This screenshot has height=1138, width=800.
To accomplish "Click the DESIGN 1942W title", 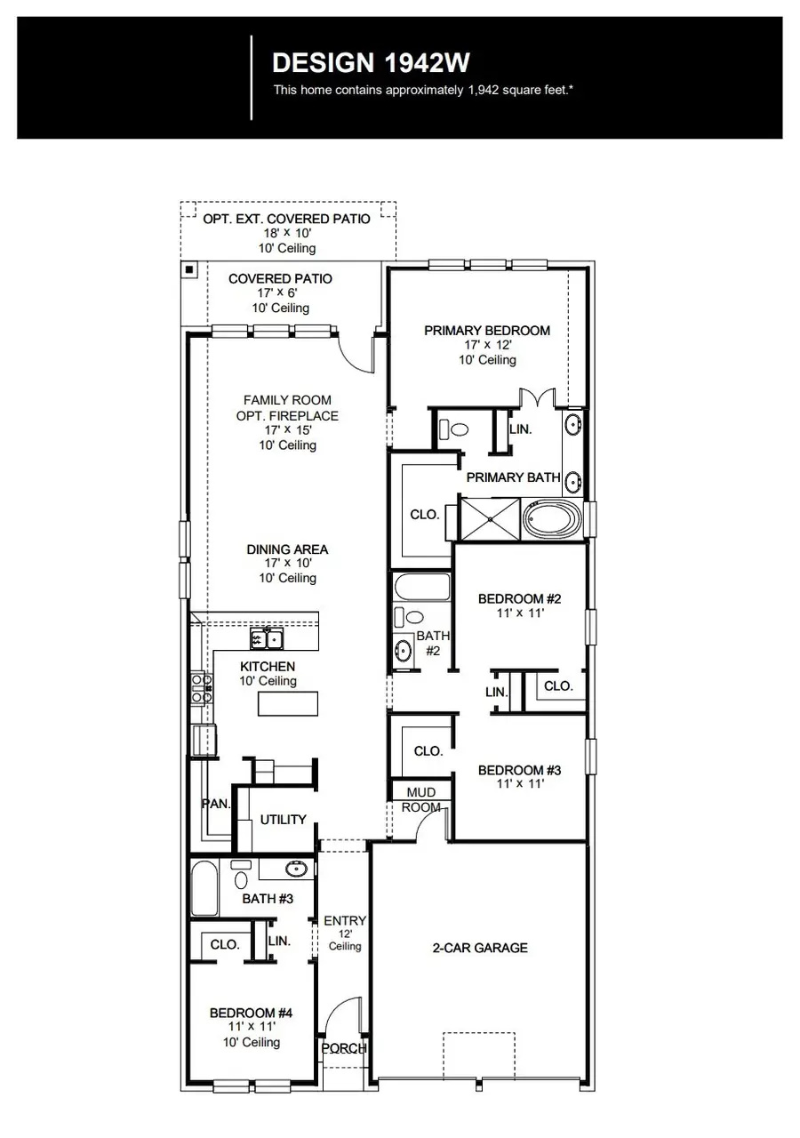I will [x=371, y=63].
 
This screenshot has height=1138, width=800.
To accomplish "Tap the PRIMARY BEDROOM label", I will [x=486, y=331].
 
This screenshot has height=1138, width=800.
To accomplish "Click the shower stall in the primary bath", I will [x=489, y=517].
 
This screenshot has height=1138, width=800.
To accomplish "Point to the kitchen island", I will [x=288, y=704].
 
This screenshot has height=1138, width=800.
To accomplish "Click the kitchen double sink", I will [x=266, y=638].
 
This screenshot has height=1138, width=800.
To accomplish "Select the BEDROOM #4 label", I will [x=250, y=1013].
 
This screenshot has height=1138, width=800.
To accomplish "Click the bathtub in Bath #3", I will [x=204, y=888].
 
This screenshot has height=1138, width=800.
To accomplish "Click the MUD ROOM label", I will [x=420, y=799].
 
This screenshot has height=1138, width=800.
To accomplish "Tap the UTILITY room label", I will [x=283, y=820].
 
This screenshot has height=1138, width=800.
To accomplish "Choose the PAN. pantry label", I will [x=216, y=804].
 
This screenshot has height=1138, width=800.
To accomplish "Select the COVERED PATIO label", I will [x=280, y=279].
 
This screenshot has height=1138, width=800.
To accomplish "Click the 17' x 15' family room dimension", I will [x=287, y=430].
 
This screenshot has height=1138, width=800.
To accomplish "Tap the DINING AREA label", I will [x=287, y=549].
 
